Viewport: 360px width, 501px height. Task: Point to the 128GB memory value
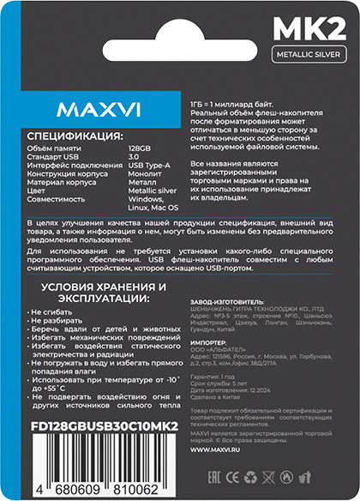point(140,150)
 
